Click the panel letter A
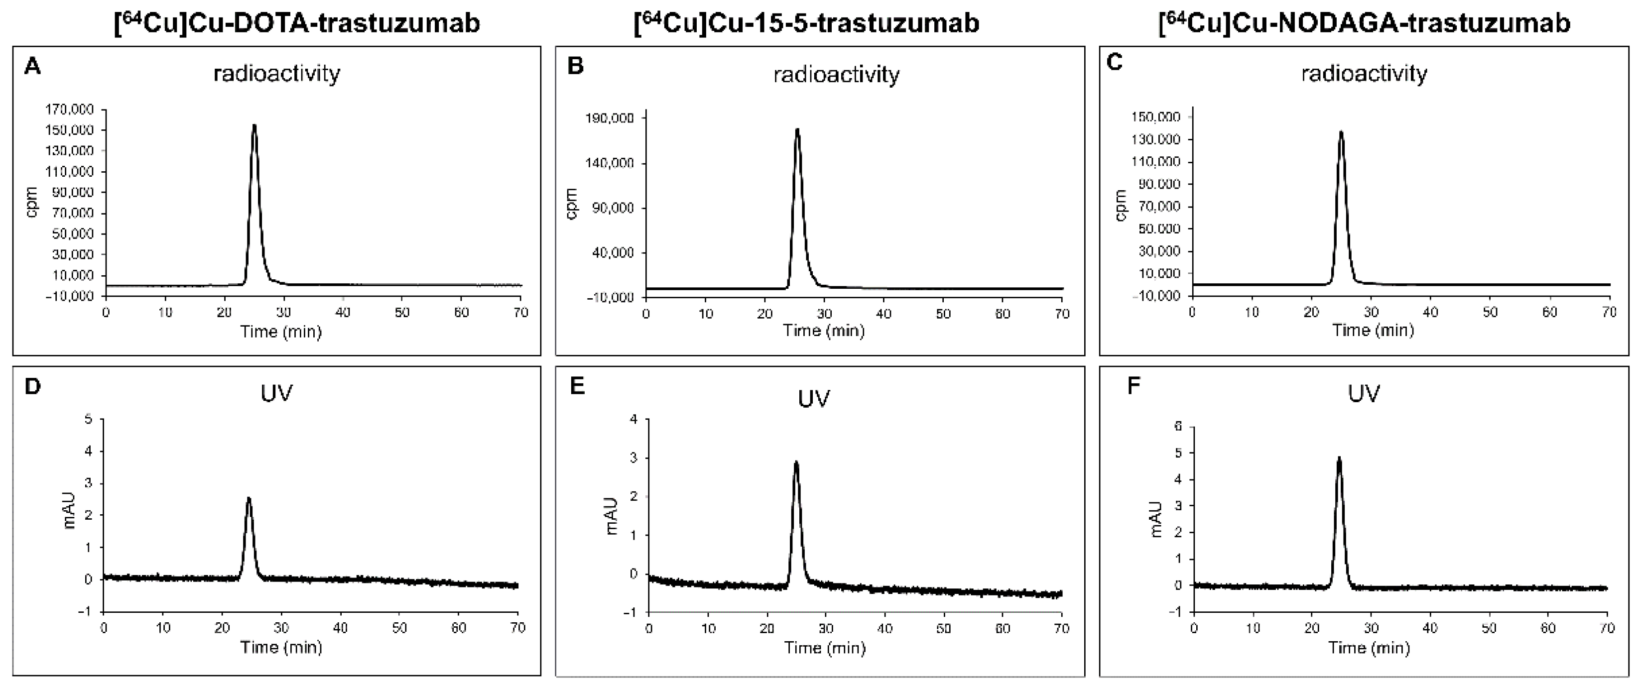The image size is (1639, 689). pyautogui.click(x=32, y=66)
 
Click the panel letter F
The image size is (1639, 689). pyautogui.click(x=1133, y=385)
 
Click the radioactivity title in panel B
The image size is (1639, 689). pyautogui.click(x=836, y=75)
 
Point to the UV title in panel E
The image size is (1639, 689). pyautogui.click(x=814, y=398)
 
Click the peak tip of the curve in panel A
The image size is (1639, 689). pyautogui.click(x=254, y=125)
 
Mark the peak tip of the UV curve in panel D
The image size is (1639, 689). pyautogui.click(x=249, y=498)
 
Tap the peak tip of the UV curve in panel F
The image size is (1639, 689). pyautogui.click(x=1339, y=458)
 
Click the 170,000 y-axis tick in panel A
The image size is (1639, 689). pyautogui.click(x=69, y=110)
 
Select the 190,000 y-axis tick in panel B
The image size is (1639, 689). pyautogui.click(x=610, y=118)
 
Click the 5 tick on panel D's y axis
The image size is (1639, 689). pyautogui.click(x=89, y=419)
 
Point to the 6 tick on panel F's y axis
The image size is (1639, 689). pyautogui.click(x=1178, y=426)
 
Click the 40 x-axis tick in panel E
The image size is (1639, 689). pyautogui.click(x=884, y=629)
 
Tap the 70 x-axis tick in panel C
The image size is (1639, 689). pyautogui.click(x=1609, y=312)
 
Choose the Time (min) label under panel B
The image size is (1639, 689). pyautogui.click(x=823, y=331)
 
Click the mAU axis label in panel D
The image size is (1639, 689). pyautogui.click(x=70, y=510)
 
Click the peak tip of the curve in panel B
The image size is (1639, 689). pyautogui.click(x=797, y=129)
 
